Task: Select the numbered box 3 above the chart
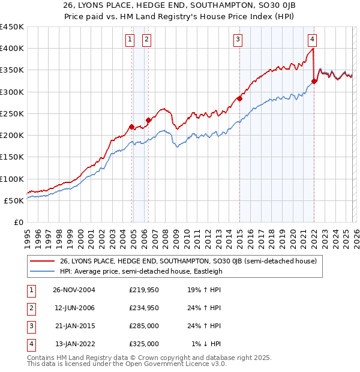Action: pos(238,40)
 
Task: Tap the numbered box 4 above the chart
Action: pos(313,40)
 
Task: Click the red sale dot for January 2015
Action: pos(239,98)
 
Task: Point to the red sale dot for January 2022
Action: pos(314,81)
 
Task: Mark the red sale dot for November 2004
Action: pos(132,127)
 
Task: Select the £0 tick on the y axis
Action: pos(18,222)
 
